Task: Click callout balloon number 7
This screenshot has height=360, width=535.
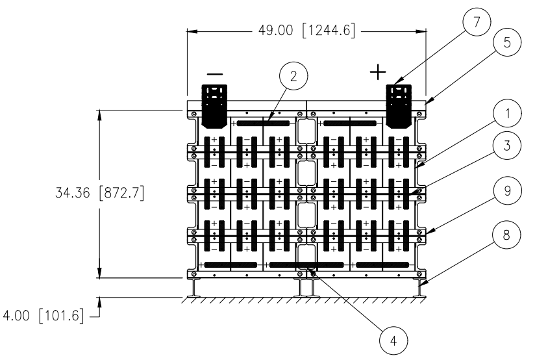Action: [x=477, y=22]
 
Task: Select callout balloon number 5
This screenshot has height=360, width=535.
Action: [x=507, y=42]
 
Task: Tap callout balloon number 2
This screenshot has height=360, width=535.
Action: [x=293, y=76]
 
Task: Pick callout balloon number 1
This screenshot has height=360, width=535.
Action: [x=507, y=114]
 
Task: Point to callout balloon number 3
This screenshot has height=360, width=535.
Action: [x=507, y=145]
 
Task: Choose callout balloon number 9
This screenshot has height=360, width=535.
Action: [x=507, y=190]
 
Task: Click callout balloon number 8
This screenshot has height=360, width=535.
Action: [x=506, y=235]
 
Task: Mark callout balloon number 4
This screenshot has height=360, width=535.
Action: [x=393, y=341]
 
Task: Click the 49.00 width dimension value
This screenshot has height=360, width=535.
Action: [x=275, y=31]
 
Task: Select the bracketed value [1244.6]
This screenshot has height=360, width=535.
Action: [x=329, y=31]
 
